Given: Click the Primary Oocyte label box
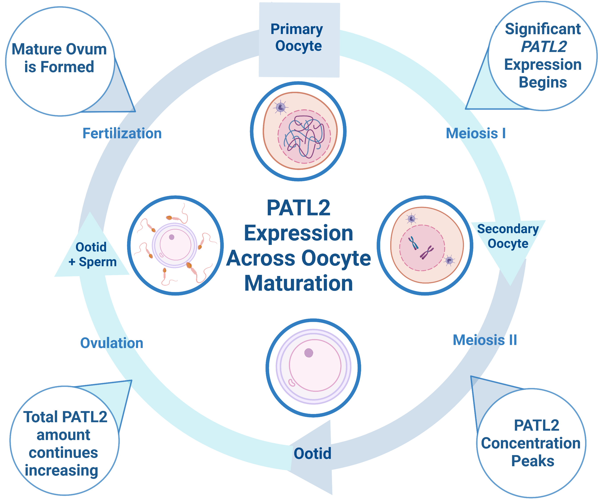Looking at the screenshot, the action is pyautogui.click(x=299, y=40).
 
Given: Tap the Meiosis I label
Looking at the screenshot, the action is pyautogui.click(x=476, y=133).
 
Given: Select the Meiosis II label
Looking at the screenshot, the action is pyautogui.click(x=485, y=340).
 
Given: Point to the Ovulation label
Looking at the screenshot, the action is pyautogui.click(x=112, y=343).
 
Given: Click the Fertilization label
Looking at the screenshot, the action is pyautogui.click(x=122, y=133).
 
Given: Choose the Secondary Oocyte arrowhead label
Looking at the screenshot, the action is pyautogui.click(x=508, y=236).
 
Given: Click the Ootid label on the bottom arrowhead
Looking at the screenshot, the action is pyautogui.click(x=313, y=453).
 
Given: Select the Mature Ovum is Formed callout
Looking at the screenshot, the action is pyautogui.click(x=60, y=61).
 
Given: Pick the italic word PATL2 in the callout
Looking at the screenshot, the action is pyautogui.click(x=544, y=47).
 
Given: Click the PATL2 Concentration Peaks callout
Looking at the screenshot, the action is pyautogui.click(x=531, y=443).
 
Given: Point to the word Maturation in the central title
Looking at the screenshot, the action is pyautogui.click(x=299, y=283).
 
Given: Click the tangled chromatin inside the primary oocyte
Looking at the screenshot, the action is pyautogui.click(x=304, y=137).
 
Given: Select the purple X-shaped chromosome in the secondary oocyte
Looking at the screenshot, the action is pyautogui.click(x=427, y=252).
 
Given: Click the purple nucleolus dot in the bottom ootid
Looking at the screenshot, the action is pyautogui.click(x=309, y=353).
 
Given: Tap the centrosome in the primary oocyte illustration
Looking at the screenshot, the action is pyautogui.click(x=281, y=107).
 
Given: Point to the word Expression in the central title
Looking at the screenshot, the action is pyautogui.click(x=299, y=233).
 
